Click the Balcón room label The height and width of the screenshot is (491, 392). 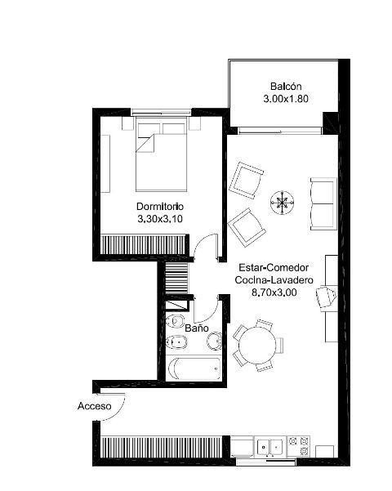pos(286,86)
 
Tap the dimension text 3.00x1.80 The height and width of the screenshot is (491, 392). pos(286,99)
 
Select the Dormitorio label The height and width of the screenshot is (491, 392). pos(160,207)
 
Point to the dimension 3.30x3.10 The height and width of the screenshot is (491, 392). pos(160,219)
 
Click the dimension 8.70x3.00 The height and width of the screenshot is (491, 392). pos(274,292)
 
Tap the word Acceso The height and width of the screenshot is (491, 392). pos(94,406)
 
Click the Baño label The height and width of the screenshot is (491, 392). pos(197,328)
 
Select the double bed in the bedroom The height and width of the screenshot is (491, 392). pos(161,154)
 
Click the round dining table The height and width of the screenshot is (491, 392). pos(257,346)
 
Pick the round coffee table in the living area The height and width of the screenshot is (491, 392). pos(282,203)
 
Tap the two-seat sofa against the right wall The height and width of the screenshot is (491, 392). pos(323,204)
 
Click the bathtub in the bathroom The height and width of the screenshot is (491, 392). pos(194,368)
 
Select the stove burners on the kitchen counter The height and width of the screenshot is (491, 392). pos(299,446)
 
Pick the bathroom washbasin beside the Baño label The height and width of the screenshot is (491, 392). pos(215,341)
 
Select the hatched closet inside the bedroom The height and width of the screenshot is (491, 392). pos(143,244)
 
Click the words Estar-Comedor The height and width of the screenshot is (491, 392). pos(274,268)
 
